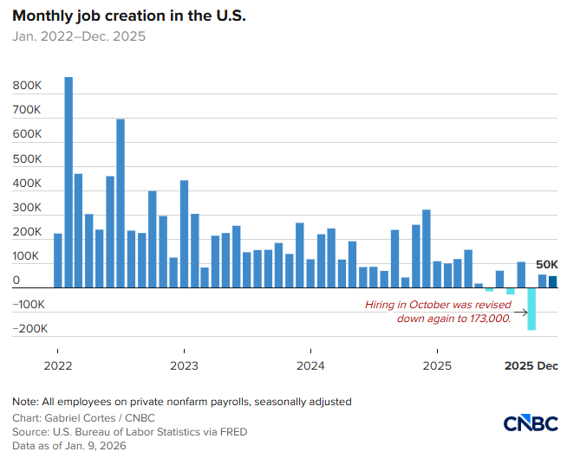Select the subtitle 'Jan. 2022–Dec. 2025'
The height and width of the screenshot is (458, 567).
(79, 36)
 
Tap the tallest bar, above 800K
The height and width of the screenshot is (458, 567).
(68, 182)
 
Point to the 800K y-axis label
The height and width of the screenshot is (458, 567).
(28, 87)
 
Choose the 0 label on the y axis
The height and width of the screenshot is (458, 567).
(16, 281)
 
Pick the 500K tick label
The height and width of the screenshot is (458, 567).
(28, 159)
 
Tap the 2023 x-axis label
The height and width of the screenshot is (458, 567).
(184, 365)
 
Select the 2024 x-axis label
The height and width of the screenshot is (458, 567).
(310, 365)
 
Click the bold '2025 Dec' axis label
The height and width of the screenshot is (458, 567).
(531, 365)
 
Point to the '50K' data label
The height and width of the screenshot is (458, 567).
(546, 264)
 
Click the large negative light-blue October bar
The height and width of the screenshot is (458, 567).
(531, 309)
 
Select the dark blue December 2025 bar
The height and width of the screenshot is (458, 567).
(552, 281)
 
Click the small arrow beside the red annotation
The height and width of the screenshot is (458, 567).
(519, 312)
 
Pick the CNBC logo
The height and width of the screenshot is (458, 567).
(530, 423)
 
